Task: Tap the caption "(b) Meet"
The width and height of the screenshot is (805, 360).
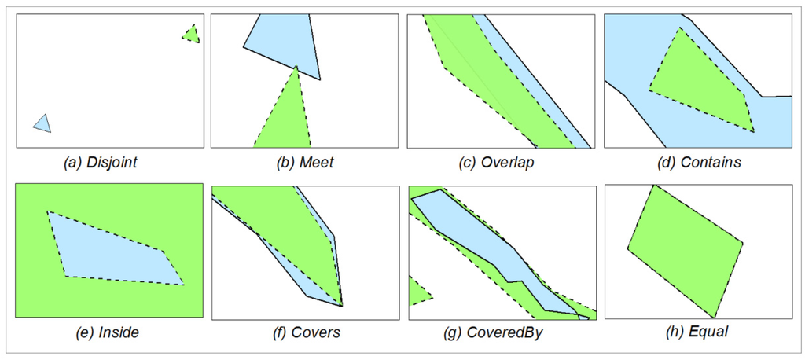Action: click(x=305, y=163)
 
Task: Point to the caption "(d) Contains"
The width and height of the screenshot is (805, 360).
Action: click(x=697, y=163)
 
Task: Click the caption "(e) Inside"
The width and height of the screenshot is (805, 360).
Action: click(x=109, y=332)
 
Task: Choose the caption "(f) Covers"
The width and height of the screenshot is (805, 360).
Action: click(x=305, y=332)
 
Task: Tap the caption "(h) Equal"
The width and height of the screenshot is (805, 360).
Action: click(x=697, y=332)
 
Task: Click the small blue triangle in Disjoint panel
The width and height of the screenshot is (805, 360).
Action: click(x=42, y=123)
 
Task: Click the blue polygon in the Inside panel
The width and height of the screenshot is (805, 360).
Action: click(x=110, y=252)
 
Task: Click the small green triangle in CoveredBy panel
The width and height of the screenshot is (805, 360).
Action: click(x=417, y=292)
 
